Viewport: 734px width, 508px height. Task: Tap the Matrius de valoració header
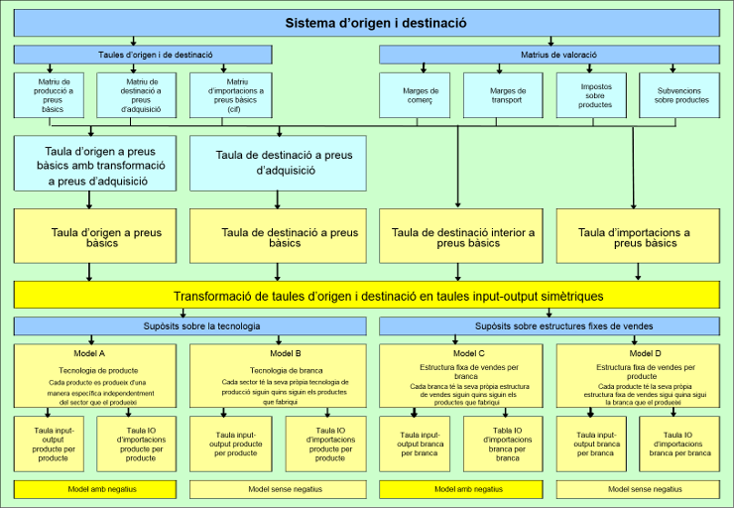(550, 55)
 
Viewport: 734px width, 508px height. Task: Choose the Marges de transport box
(508, 96)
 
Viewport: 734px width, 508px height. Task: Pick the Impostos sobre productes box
(595, 96)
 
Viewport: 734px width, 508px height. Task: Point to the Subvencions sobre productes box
(681, 96)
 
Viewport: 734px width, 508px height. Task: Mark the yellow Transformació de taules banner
(366, 296)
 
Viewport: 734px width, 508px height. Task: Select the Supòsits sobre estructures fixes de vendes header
(550, 325)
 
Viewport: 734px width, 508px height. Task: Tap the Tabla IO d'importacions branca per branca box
(508, 444)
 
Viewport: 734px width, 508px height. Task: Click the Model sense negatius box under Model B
(278, 489)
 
